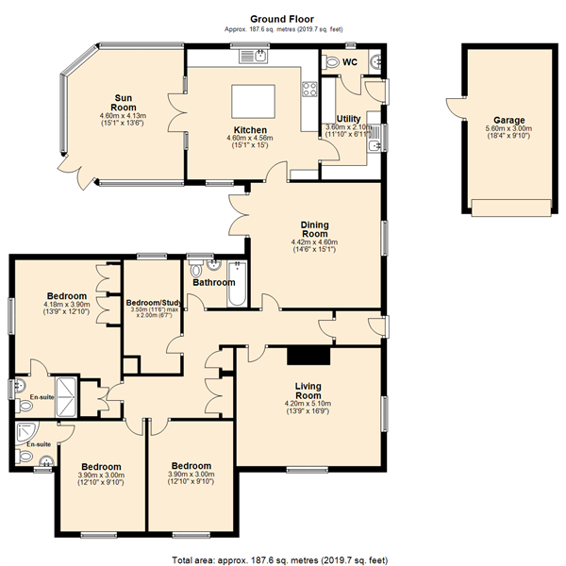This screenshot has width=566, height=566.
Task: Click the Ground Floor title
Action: [x=282, y=19]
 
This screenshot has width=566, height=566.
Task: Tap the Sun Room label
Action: [x=124, y=103]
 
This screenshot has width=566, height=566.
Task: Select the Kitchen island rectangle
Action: [x=254, y=102]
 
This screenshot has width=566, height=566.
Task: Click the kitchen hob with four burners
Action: [x=309, y=90]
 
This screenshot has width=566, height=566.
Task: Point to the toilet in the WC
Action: [x=330, y=61]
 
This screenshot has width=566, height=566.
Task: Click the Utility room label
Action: [x=348, y=119]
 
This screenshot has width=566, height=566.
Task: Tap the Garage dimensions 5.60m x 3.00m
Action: [x=509, y=128]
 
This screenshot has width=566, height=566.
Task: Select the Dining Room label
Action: [x=315, y=229]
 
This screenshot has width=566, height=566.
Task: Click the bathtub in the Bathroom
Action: [x=237, y=285]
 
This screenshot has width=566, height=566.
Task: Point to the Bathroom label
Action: [x=214, y=282]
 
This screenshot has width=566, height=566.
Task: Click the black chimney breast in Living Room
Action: [x=308, y=356]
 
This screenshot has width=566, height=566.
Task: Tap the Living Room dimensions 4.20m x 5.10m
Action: [x=308, y=404]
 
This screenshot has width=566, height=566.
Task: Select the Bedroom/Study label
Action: [x=154, y=303]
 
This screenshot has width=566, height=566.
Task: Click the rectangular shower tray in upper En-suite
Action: [x=66, y=397]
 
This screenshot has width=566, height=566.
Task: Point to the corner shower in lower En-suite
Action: [x=26, y=432]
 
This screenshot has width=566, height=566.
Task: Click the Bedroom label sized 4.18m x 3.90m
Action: [x=67, y=296]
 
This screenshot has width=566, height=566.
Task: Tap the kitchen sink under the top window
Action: [x=254, y=57]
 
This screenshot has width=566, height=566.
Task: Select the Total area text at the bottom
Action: [x=280, y=560]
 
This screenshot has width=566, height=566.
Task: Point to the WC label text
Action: [x=350, y=62]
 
